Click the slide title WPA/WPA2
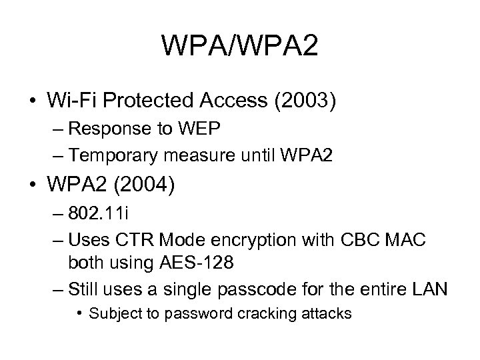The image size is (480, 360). [x=239, y=47]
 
